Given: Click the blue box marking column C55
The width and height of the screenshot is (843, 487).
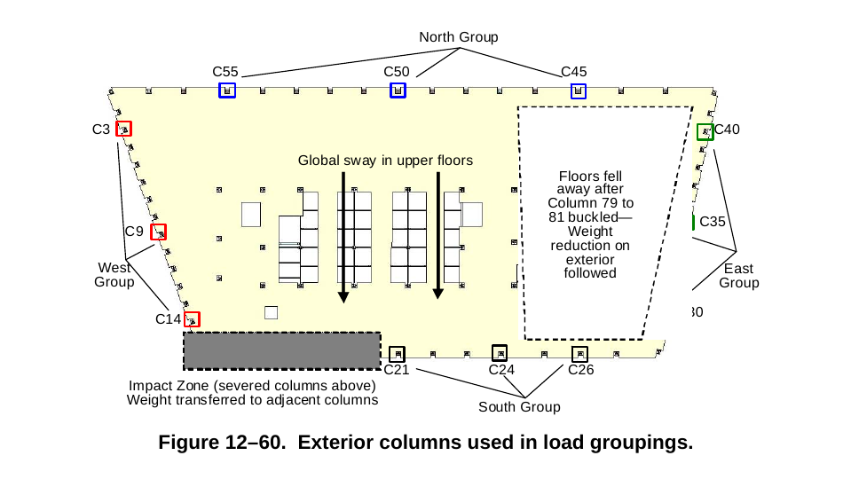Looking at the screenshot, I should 227,90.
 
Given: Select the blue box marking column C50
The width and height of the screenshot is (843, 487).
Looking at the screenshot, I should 398,90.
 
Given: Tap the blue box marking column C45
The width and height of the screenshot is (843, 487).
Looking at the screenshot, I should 579,90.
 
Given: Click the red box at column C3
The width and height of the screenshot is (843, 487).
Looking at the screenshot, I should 123,129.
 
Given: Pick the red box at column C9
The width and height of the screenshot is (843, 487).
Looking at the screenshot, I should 159,232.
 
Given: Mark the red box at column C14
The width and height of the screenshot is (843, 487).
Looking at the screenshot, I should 192,319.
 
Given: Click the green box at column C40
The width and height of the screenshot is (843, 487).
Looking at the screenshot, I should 705,131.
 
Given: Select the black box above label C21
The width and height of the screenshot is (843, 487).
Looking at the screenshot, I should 397,353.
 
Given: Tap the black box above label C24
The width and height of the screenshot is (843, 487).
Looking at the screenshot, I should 500,352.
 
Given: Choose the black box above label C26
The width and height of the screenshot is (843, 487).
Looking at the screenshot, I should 579,353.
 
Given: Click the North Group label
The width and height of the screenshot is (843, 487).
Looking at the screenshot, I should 459,37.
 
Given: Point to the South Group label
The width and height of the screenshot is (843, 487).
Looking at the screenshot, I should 519,407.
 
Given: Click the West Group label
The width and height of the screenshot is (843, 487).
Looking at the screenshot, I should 115,275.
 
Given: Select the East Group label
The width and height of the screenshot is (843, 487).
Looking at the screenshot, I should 738,276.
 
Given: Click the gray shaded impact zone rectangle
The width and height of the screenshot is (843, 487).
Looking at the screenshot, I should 282,350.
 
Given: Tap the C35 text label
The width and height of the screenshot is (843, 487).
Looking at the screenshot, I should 713,222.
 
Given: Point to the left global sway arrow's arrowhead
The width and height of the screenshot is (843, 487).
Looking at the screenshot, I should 343,298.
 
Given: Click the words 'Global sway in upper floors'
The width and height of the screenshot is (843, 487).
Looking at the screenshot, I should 385,161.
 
